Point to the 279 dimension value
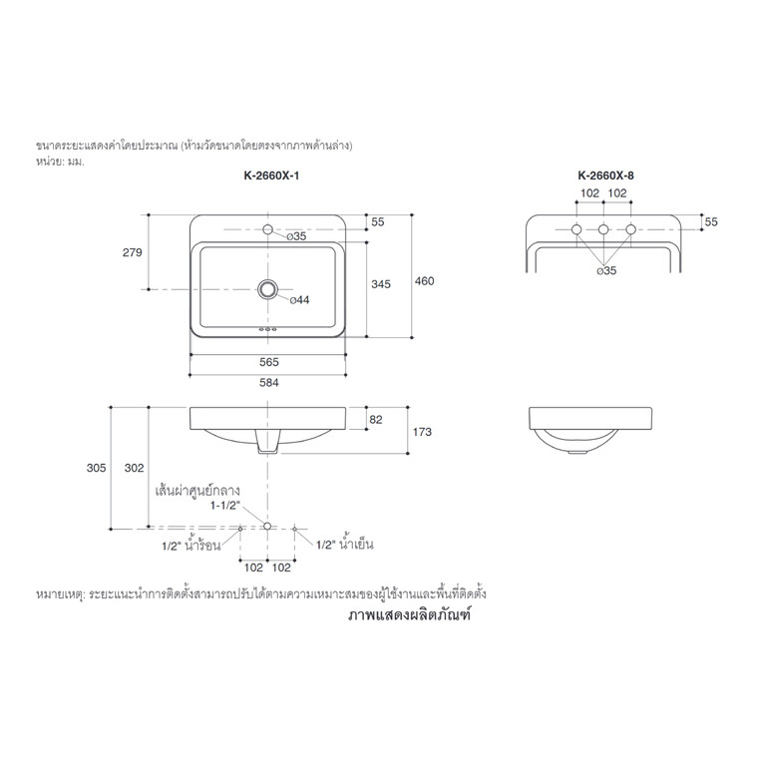(130, 253)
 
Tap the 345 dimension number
(380, 284)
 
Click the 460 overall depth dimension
(425, 282)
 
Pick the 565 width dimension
(268, 364)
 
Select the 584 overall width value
(268, 383)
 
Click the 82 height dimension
(376, 420)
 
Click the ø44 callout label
(299, 299)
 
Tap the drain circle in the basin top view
(267, 289)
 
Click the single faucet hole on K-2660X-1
(267, 230)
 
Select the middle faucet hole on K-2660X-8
(603, 230)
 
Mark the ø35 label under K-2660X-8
(604, 269)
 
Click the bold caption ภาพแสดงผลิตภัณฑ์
(408, 616)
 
